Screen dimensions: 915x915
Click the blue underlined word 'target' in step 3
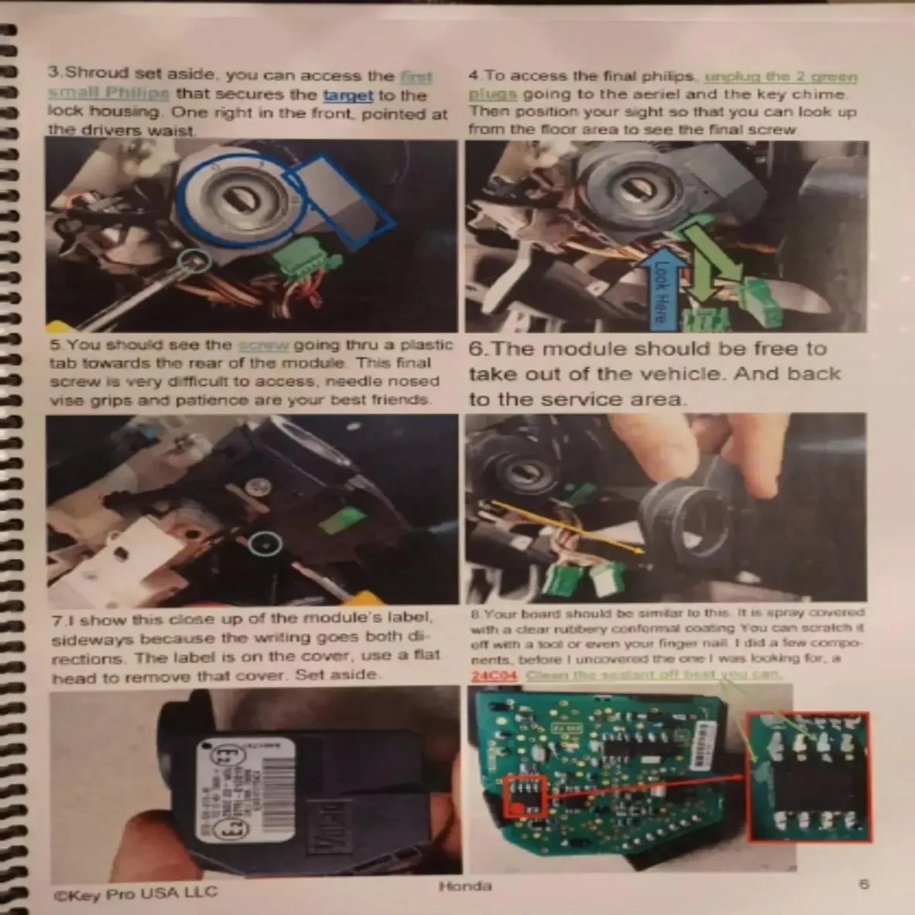pyautogui.click(x=348, y=96)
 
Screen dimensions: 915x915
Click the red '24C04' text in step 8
pyautogui.click(x=494, y=676)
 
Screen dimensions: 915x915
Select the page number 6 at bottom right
pyautogui.click(x=864, y=884)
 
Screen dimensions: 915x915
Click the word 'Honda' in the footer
pyautogui.click(x=465, y=886)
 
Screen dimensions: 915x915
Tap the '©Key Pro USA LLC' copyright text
pyautogui.click(x=136, y=892)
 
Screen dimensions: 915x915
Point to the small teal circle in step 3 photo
pyautogui.click(x=194, y=260)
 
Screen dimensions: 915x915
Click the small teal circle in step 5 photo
pyautogui.click(x=265, y=543)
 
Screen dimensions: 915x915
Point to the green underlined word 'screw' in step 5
pyautogui.click(x=264, y=345)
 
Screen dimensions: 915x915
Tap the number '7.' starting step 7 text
pyautogui.click(x=58, y=620)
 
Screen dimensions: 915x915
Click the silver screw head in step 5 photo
pyautogui.click(x=257, y=487)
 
